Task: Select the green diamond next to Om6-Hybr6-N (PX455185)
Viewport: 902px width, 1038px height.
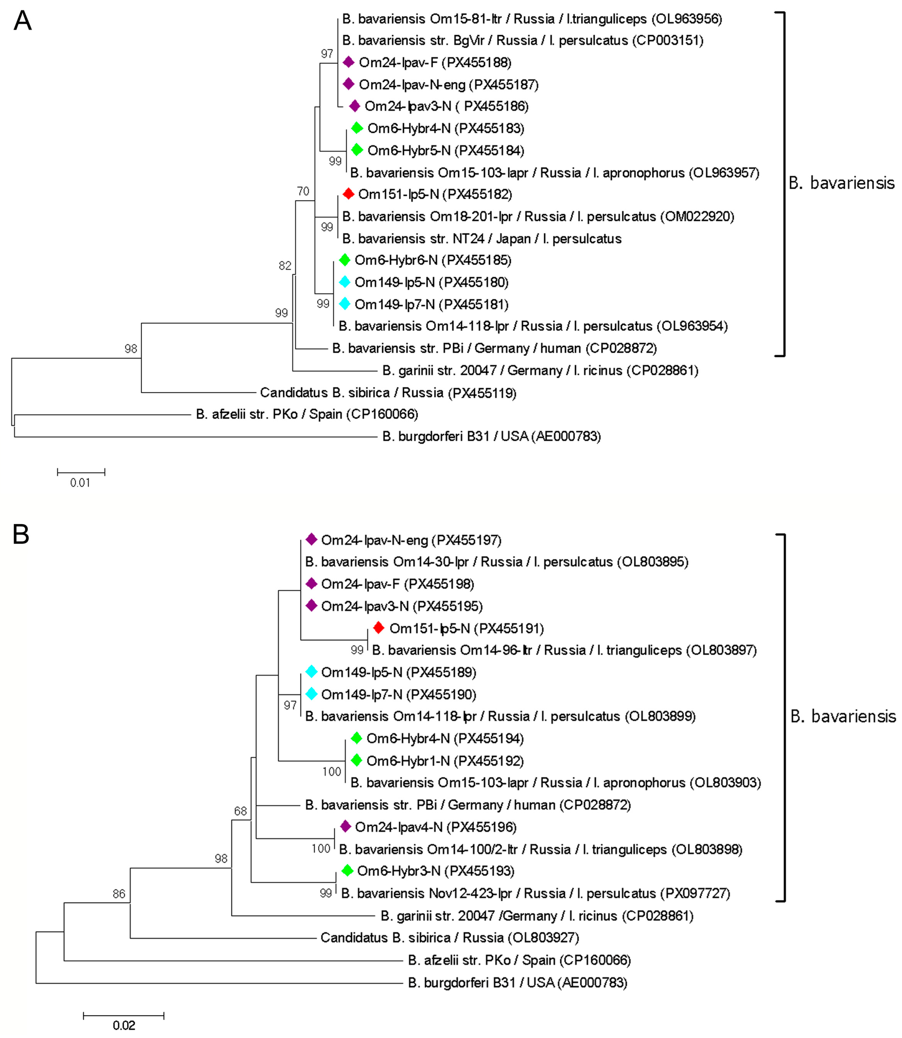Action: coord(344,260)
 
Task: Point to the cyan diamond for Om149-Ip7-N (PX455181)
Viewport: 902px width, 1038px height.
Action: coord(344,303)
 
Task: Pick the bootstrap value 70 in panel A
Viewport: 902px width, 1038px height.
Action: coord(303,191)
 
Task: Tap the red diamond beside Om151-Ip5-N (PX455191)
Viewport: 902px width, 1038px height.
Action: coord(379,628)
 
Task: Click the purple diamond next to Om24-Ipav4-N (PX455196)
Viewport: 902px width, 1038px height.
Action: coord(345,826)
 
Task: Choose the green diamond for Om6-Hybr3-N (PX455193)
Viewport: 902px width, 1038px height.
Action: coord(347,870)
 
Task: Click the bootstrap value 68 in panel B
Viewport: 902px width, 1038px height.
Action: coord(241,811)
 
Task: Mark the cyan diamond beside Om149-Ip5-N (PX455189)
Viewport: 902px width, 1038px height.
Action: coord(312,671)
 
